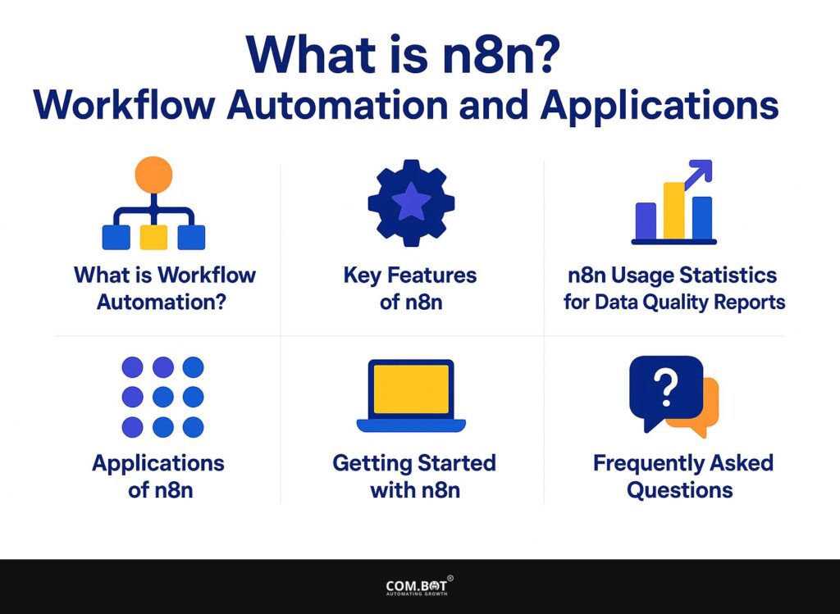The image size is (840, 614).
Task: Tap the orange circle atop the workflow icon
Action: tap(153, 175)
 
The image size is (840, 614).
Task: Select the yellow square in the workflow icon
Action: tap(153, 237)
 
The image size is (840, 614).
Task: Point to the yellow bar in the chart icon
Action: tap(673, 210)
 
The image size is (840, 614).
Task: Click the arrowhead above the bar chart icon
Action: tap(703, 171)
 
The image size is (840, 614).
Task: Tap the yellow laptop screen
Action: tap(411, 389)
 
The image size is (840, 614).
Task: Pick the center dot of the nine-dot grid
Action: tap(162, 397)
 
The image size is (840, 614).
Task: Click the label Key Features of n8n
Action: tap(410, 288)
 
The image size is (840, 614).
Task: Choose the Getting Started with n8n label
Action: tap(413, 476)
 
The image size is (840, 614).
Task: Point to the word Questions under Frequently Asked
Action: tap(679, 490)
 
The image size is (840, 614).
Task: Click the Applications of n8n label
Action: tap(157, 476)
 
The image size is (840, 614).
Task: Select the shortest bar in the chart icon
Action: tap(646, 221)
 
